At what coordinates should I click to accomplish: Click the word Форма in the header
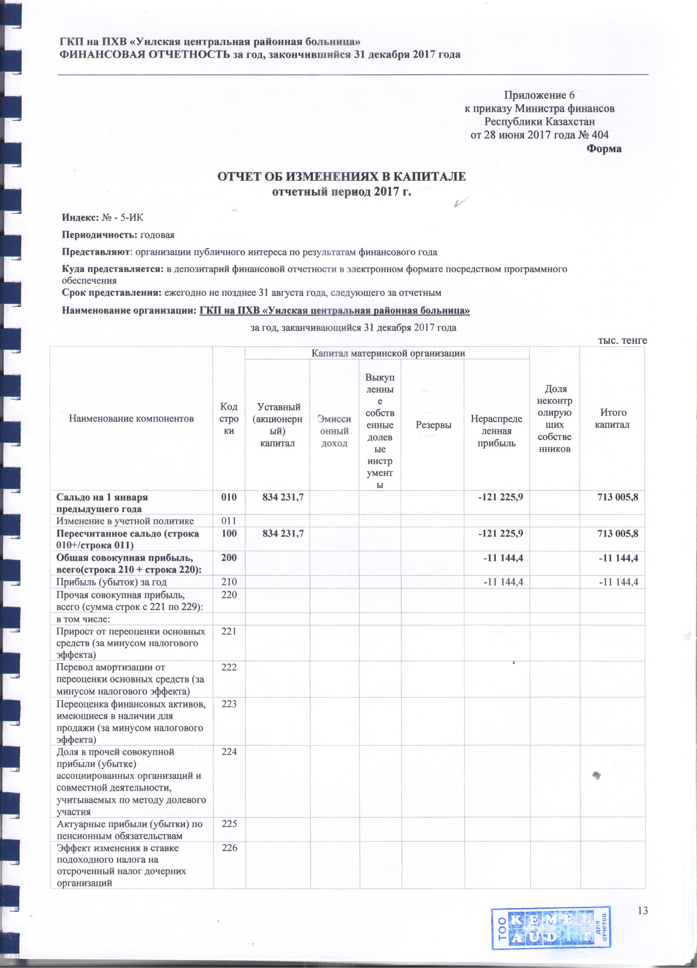(x=604, y=149)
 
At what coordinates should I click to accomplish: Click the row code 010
(x=229, y=497)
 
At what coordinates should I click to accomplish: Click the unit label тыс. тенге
(x=622, y=340)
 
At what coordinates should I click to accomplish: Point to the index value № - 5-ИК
(x=123, y=218)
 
